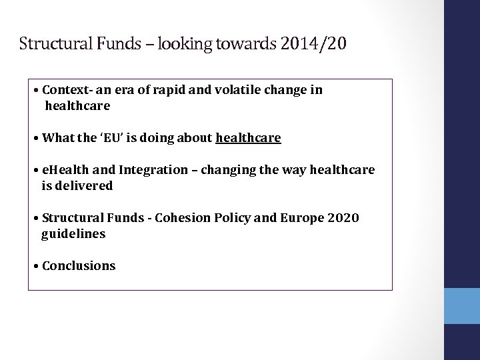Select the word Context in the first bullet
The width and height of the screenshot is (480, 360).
click(66, 90)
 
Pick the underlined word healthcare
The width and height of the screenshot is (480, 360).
click(248, 138)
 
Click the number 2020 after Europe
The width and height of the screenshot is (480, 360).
click(343, 218)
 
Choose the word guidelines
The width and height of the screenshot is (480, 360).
click(73, 234)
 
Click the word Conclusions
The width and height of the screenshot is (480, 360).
click(79, 266)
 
